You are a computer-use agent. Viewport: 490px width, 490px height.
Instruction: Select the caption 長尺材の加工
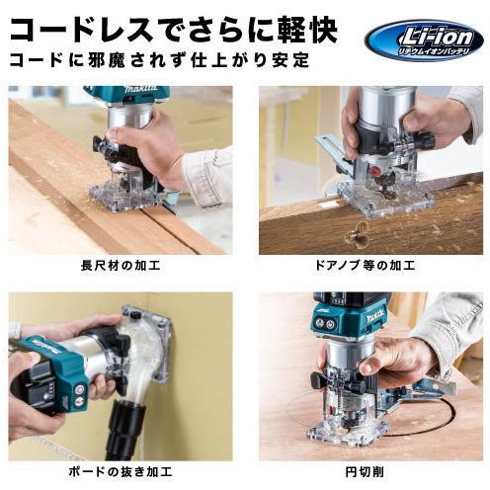[x=121, y=267]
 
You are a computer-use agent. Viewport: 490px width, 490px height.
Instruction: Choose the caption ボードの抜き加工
[x=121, y=473]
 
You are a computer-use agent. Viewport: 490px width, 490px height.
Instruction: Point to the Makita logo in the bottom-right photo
[x=368, y=316]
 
